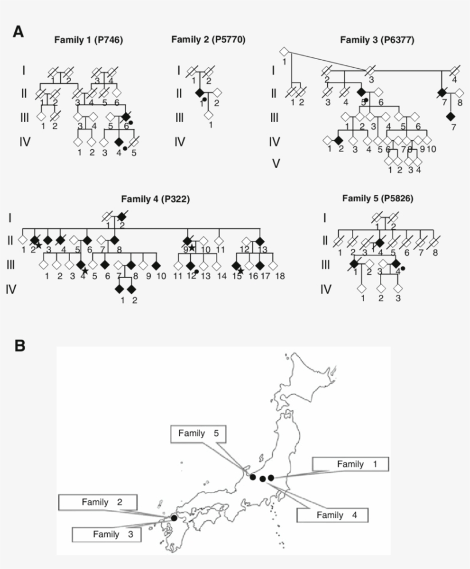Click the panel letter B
tap(19, 345)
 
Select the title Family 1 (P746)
tap(88, 40)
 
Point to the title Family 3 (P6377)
tap(377, 40)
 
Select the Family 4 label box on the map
tap(332, 515)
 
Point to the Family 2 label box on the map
tap(97, 502)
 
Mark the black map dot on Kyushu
tap(174, 518)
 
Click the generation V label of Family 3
tap(276, 163)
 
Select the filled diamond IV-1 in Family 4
tap(119, 289)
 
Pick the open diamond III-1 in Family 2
tap(209, 115)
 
